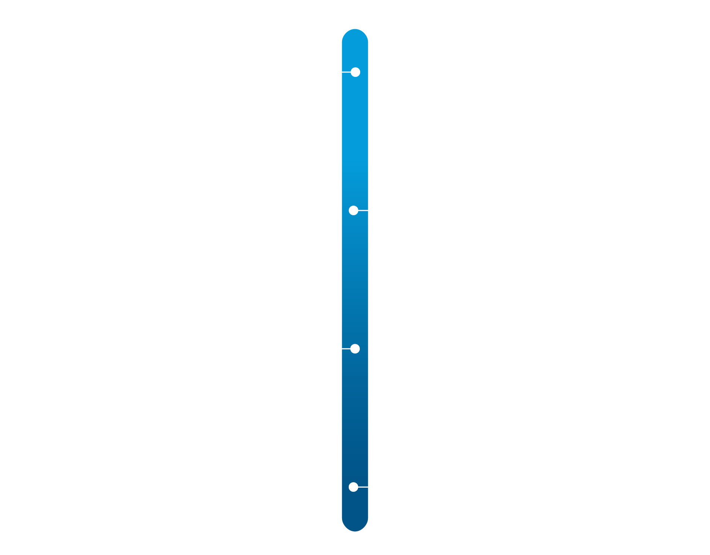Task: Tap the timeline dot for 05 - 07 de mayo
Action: pyautogui.click(x=355, y=72)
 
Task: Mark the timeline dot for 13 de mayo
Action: pyautogui.click(x=354, y=210)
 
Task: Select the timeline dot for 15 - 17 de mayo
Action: pyautogui.click(x=355, y=349)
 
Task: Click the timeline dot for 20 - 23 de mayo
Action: pyautogui.click(x=354, y=487)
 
